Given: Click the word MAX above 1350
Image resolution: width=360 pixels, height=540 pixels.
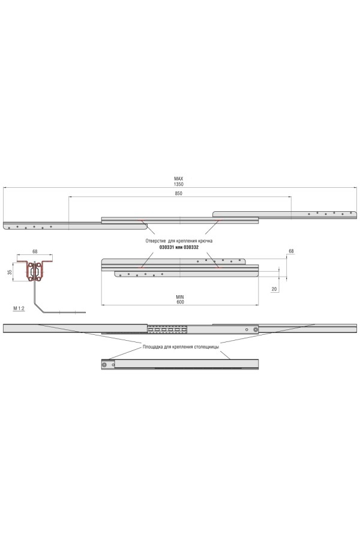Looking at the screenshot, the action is (178, 179).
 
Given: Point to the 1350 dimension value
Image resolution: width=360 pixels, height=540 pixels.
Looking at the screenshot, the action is (179, 184).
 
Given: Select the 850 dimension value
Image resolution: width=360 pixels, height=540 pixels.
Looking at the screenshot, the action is (178, 194).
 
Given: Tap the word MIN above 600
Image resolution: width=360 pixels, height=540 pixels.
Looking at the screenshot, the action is (180, 297).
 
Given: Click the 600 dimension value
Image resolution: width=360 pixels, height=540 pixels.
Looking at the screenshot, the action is (180, 302).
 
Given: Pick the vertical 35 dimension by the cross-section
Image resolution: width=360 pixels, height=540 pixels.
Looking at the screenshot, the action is (10, 272).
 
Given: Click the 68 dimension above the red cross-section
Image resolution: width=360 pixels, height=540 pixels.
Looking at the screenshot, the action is (35, 252).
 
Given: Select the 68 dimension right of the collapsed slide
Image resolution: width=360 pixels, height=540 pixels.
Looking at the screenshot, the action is (291, 251).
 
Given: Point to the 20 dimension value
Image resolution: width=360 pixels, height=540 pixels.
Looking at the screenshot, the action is (274, 289).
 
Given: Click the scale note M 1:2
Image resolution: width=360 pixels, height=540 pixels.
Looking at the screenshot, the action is (19, 308).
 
